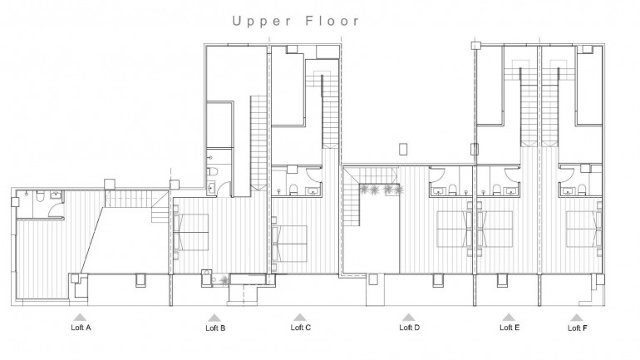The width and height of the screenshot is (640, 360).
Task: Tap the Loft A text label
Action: coord(80,328)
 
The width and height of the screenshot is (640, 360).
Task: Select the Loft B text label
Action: coord(215,328)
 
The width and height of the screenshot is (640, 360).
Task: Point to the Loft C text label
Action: coord(300,328)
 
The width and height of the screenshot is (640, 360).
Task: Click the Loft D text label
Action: coord(409,328)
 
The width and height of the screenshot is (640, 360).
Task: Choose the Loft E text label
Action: coord(510,328)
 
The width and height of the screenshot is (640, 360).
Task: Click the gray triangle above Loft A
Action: coord(80,317)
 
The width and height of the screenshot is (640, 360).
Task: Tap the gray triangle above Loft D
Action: coord(408,317)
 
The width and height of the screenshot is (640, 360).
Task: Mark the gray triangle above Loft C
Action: coord(300,317)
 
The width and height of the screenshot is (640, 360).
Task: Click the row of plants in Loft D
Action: coord(382,190)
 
